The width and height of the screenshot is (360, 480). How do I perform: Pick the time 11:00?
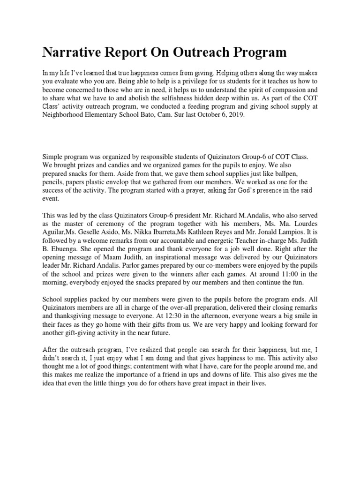click(x=286, y=274)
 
